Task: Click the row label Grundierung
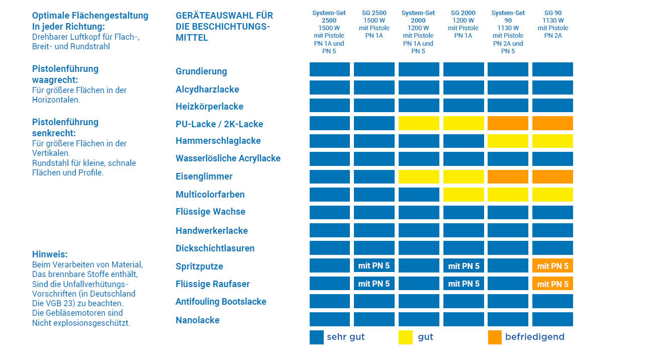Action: (201, 71)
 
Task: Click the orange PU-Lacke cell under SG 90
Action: (552, 123)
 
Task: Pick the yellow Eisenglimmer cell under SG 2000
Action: (463, 176)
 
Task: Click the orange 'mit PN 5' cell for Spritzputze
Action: (552, 266)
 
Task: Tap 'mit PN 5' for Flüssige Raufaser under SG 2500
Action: (374, 284)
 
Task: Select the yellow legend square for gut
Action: (406, 337)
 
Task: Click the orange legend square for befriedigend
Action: (495, 337)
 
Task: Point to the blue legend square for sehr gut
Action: (316, 337)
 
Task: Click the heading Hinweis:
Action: (50, 254)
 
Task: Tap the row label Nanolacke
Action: (198, 320)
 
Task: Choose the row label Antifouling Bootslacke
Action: (221, 302)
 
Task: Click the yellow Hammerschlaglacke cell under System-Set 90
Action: (508, 141)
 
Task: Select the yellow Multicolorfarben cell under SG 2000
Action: (463, 194)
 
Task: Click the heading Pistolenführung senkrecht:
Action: (65, 127)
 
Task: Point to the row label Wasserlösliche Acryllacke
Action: (228, 158)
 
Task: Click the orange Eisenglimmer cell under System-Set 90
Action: (508, 176)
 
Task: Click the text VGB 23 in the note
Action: (59, 304)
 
